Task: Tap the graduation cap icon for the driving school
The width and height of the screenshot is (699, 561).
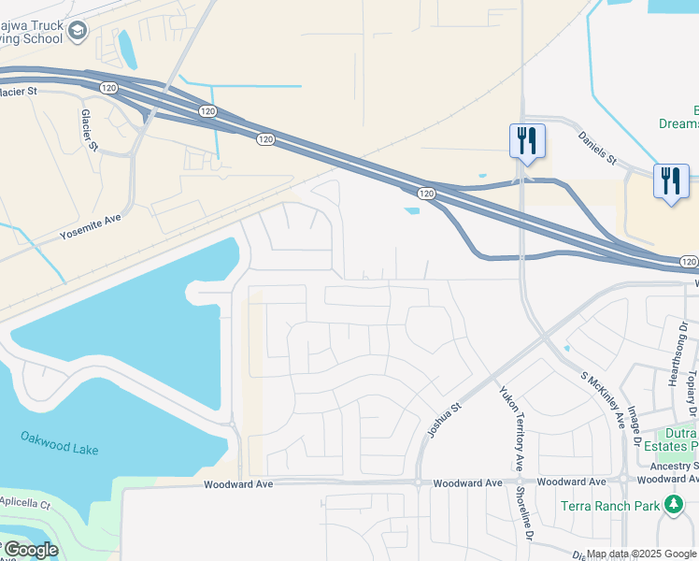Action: point(78,32)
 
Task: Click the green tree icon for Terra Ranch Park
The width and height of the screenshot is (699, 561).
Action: point(673,506)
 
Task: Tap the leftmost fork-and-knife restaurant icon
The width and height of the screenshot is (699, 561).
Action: point(527,142)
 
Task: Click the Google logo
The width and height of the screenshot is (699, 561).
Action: point(30,550)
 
